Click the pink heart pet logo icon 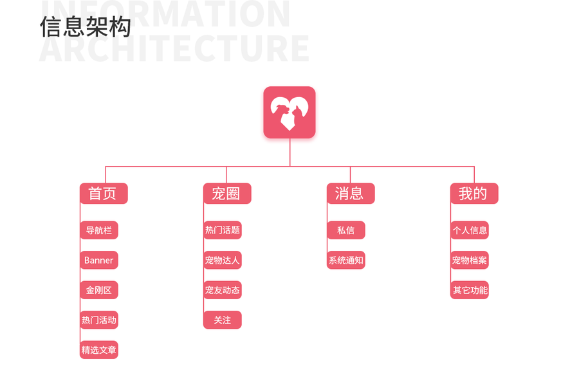[x=289, y=113]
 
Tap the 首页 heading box [x=104, y=194]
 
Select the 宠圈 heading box [x=227, y=194]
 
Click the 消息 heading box [x=351, y=194]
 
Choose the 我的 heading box [x=474, y=194]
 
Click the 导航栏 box [x=99, y=230]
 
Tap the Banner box [x=99, y=260]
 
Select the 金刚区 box [x=99, y=290]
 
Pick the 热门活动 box [x=99, y=320]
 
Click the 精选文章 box [x=99, y=350]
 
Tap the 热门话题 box [x=223, y=230]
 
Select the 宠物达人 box [x=223, y=260]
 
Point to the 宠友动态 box [x=223, y=290]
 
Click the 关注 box [x=223, y=320]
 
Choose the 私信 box [x=346, y=230]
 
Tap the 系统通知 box [x=346, y=260]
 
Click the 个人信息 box [x=470, y=230]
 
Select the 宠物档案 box [x=470, y=260]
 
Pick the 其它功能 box [x=470, y=290]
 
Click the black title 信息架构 [x=86, y=27]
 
